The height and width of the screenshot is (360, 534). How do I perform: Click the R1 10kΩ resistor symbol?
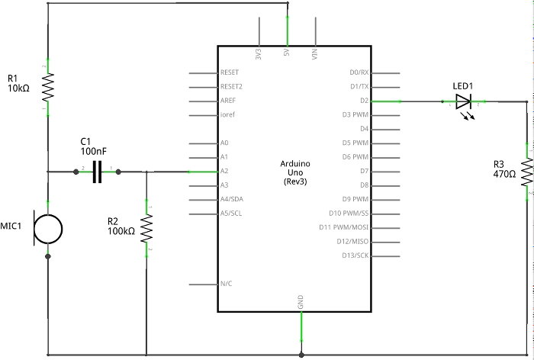pyautogui.click(x=47, y=87)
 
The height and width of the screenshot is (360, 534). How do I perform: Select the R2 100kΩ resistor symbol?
pyautogui.click(x=146, y=227)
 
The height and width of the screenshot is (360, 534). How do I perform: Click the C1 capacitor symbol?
pyautogui.click(x=97, y=172)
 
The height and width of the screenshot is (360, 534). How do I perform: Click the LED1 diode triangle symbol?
pyautogui.click(x=463, y=101)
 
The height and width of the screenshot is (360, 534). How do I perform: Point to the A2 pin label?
pyautogui.click(x=224, y=172)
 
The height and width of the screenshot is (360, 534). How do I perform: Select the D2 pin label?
pyautogui.click(x=365, y=101)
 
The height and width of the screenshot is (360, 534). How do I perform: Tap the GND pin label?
pyautogui.click(x=301, y=300)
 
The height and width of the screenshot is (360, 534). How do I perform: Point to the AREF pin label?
pyautogui.click(x=227, y=101)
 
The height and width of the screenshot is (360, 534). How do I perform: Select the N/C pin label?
pyautogui.click(x=226, y=284)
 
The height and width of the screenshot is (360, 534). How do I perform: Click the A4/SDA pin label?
pyautogui.click(x=230, y=199)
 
